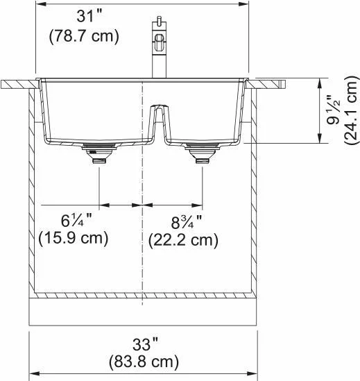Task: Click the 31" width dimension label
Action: (x=87, y=17)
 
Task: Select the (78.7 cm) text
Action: (x=84, y=36)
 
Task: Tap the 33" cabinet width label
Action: (x=144, y=344)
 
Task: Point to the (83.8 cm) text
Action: (x=144, y=362)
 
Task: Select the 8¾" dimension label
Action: (x=187, y=222)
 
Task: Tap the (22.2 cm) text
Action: (x=183, y=240)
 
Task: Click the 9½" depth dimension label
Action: (x=333, y=110)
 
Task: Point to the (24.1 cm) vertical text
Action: (x=352, y=110)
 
